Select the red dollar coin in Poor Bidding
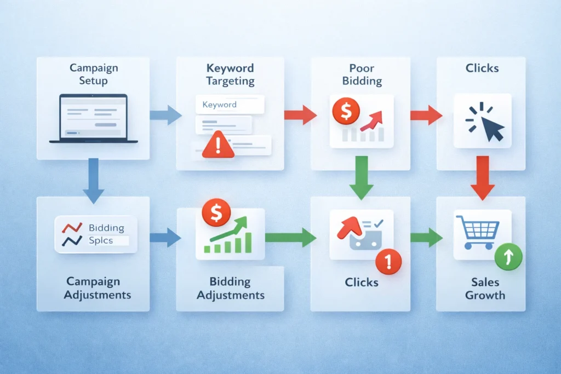pyautogui.click(x=346, y=112)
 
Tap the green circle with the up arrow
pyautogui.click(x=509, y=257)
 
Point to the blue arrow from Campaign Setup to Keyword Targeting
pyautogui.click(x=165, y=115)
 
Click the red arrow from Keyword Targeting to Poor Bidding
pyautogui.click(x=300, y=115)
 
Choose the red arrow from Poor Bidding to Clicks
pyautogui.click(x=426, y=115)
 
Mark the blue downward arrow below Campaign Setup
pyautogui.click(x=93, y=180)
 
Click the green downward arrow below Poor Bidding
pyautogui.click(x=361, y=176)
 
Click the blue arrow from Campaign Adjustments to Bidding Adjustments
pyautogui.click(x=165, y=238)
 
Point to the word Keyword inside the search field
pyautogui.click(x=219, y=105)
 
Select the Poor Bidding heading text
pyautogui.click(x=361, y=74)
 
